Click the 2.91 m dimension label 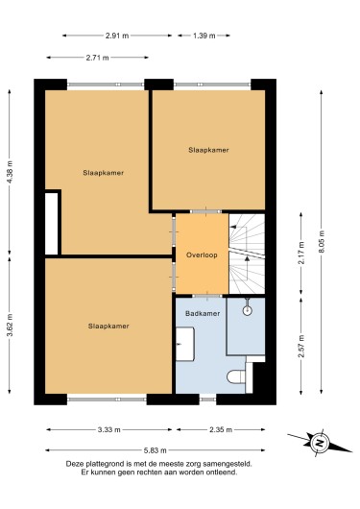[117, 36]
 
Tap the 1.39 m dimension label [204, 36]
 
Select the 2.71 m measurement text [97, 58]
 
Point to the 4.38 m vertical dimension [10, 172]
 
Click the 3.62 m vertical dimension [10, 325]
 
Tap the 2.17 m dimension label [301, 253]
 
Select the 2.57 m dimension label [301, 346]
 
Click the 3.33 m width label [109, 430]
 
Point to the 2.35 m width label [221, 430]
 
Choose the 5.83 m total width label [156, 450]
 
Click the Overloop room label [202, 255]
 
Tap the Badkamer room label [203, 314]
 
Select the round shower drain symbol [248, 310]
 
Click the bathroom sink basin [185, 344]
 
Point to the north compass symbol [320, 443]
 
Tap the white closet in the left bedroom [51, 224]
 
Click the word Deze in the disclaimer [74, 464]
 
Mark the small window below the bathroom [207, 400]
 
